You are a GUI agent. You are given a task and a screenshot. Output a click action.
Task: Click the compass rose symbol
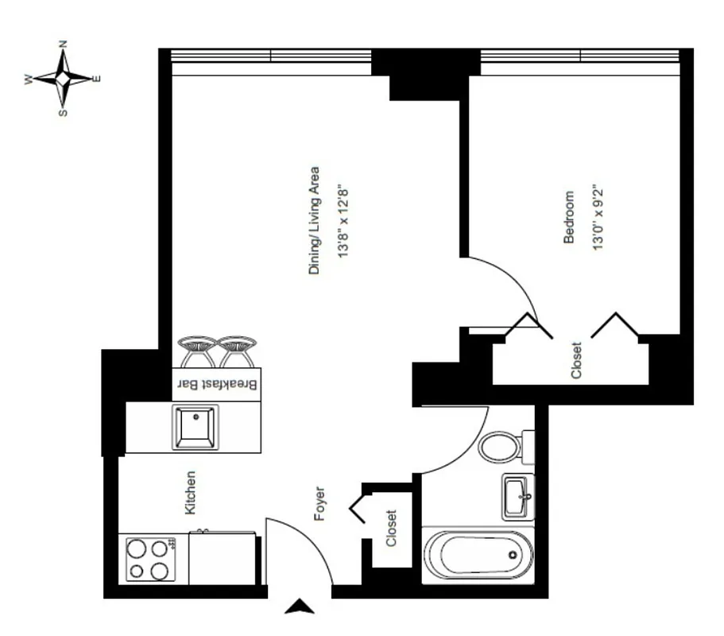63,79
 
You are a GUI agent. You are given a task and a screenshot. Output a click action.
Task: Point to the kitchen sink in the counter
196,427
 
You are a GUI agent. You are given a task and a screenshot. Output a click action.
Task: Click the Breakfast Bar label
217,385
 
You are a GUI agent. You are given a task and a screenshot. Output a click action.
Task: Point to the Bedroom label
569,216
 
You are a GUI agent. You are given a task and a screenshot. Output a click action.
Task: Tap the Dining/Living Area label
314,221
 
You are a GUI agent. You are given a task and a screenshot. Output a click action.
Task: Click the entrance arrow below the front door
300,608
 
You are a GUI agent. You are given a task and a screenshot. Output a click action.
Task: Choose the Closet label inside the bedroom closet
577,359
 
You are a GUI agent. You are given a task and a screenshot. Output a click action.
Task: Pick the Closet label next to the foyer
391,529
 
